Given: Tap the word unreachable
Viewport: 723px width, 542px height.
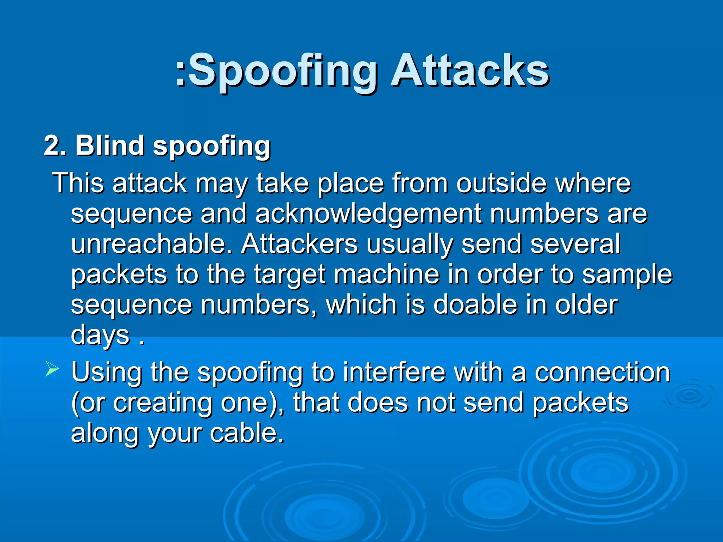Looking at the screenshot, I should click(x=152, y=244).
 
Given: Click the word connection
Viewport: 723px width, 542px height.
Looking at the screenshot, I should click(x=602, y=372).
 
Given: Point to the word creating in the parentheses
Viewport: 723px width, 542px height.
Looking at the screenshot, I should click(x=162, y=403).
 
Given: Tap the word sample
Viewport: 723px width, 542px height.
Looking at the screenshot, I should click(x=627, y=275).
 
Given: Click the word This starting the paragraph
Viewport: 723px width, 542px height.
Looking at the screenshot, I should click(x=78, y=183).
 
